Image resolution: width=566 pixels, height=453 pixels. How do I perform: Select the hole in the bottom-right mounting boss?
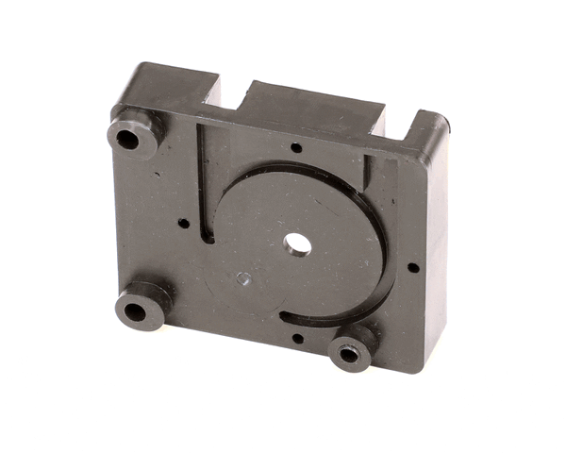[x=350, y=354]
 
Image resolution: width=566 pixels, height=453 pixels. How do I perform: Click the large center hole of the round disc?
[x=298, y=244]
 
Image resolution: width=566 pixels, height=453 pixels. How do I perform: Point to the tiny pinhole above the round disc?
[x=296, y=147]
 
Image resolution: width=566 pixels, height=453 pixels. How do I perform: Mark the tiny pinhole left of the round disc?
[x=183, y=224]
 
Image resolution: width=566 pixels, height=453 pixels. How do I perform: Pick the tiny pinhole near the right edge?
[x=413, y=267]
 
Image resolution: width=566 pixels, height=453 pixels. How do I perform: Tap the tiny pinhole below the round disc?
[x=297, y=337]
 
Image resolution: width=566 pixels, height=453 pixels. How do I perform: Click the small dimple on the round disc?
[x=243, y=278]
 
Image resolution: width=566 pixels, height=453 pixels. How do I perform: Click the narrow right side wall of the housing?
[x=436, y=255]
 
